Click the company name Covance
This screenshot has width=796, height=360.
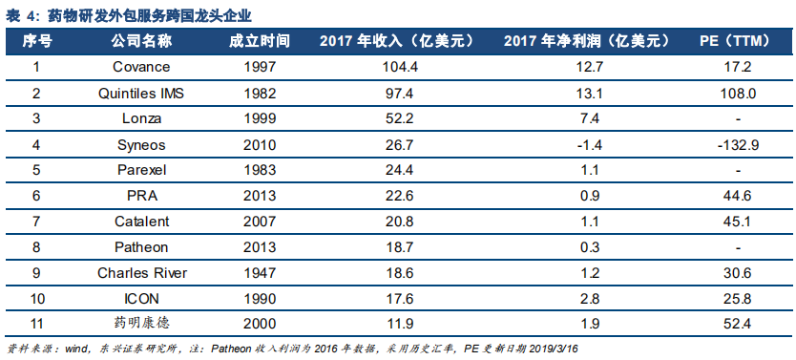pos(141,67)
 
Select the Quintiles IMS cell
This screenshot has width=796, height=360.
pos(141,94)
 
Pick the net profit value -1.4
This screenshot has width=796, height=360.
pos(589,145)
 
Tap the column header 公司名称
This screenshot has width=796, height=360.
pos(141,42)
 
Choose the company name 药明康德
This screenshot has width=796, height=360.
pos(141,324)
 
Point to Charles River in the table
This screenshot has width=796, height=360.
pos(141,272)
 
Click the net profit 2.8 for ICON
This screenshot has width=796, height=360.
pos(589,298)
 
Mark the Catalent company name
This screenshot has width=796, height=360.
pos(141,222)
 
